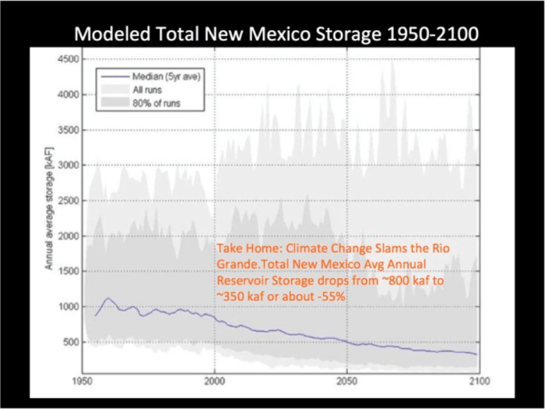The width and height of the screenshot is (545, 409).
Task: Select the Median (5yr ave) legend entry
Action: pos(156,76)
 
